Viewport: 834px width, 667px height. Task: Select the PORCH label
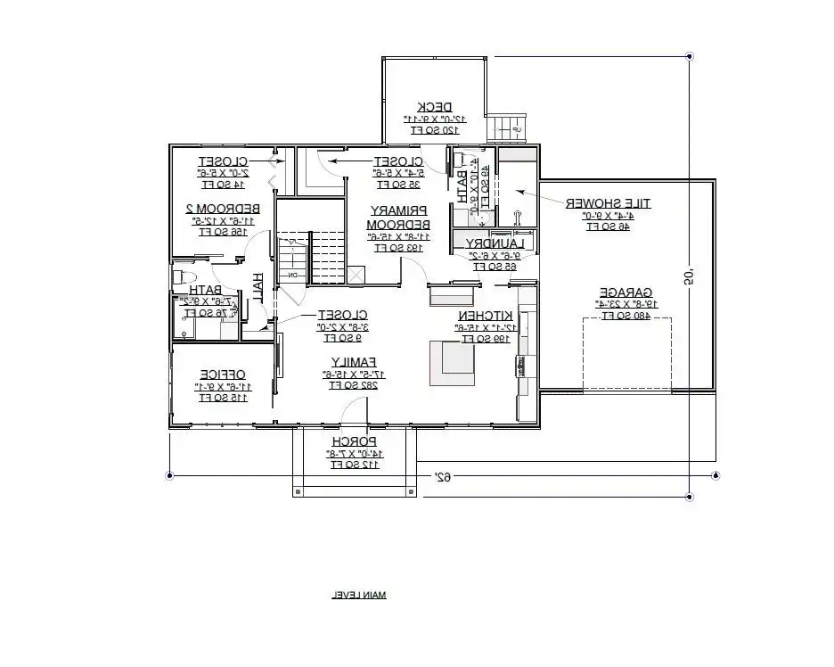click(355, 441)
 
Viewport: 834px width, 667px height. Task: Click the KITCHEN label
click(486, 316)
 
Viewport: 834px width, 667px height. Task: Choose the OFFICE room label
click(223, 375)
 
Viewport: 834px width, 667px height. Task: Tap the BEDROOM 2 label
click(216, 208)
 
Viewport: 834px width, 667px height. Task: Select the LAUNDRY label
click(487, 243)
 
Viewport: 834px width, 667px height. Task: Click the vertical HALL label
click(258, 287)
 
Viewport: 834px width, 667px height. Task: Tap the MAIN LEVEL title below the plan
click(359, 595)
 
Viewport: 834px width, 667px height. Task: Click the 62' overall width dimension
click(441, 476)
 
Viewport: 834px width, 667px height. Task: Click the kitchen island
click(453, 363)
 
